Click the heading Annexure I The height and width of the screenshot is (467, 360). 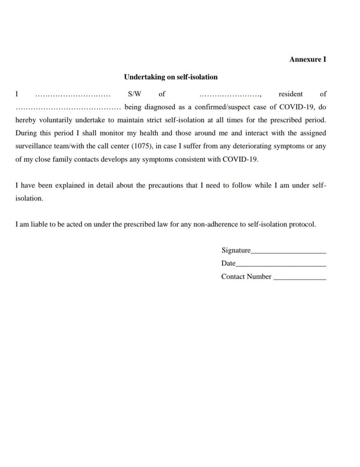click(x=307, y=59)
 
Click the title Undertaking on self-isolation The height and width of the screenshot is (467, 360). click(x=171, y=77)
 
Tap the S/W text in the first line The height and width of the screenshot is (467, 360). click(x=135, y=94)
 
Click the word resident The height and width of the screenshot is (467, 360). click(x=290, y=94)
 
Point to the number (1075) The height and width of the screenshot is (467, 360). click(x=141, y=146)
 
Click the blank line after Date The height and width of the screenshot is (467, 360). click(x=281, y=265)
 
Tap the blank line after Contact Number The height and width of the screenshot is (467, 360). click(x=300, y=279)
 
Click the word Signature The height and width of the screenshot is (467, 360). click(x=236, y=250)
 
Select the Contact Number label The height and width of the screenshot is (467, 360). click(x=246, y=276)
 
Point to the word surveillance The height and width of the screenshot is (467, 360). click(x=33, y=146)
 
